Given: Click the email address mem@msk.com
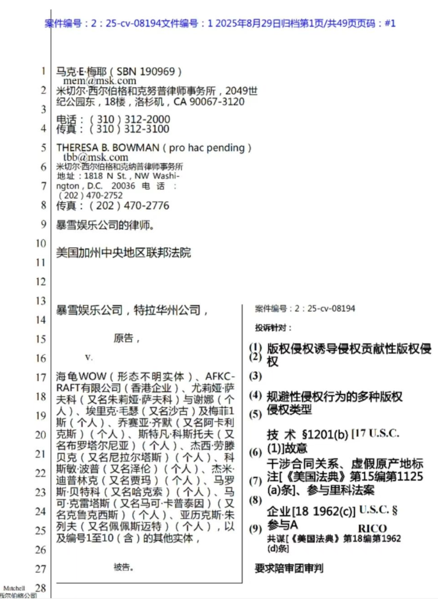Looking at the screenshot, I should [x=99, y=81].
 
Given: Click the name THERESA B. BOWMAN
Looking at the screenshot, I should [x=108, y=148].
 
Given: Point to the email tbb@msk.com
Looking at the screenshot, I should [x=96, y=157].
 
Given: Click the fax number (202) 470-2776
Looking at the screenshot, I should [x=129, y=206].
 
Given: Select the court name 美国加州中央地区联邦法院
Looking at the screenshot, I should [x=123, y=253].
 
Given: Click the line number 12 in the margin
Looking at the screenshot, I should [x=41, y=282].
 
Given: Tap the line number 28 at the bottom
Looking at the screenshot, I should [x=41, y=587].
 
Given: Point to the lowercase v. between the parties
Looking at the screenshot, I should [x=89, y=357].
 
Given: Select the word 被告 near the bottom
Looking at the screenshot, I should [x=123, y=567].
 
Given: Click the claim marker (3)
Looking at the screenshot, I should [x=255, y=376].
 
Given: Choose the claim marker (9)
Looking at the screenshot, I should [x=255, y=528].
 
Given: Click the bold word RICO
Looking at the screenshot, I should [x=372, y=528].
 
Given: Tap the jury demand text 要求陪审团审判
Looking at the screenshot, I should [x=289, y=568].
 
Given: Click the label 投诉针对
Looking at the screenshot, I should [x=273, y=328].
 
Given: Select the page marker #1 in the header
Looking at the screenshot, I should [x=390, y=23].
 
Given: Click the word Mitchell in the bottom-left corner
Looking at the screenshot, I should [x=14, y=588].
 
